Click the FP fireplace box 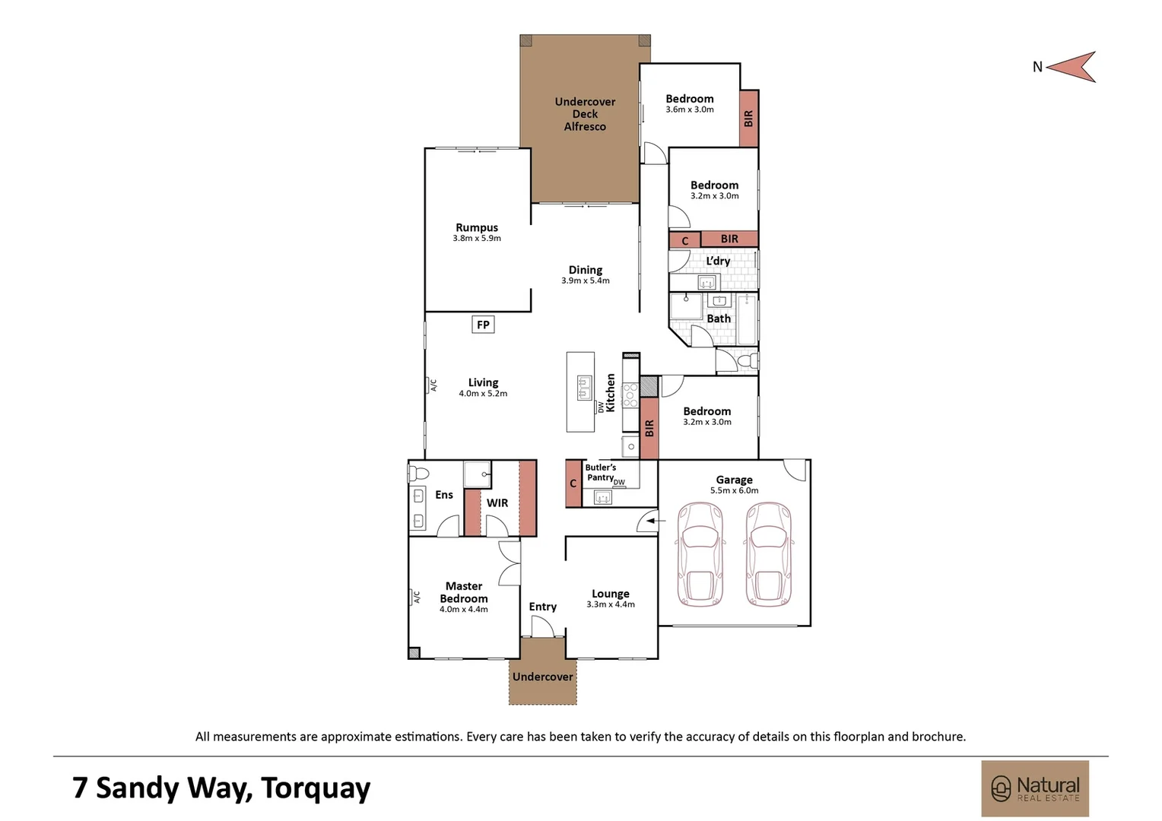[x=483, y=325]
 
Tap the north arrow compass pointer [x=1072, y=67]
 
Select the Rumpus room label [x=477, y=227]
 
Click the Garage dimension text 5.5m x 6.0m [x=734, y=490]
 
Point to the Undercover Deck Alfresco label [x=585, y=114]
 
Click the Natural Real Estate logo [x=1036, y=789]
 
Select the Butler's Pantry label [x=600, y=473]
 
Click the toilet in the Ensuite [x=419, y=473]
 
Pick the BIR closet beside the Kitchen [x=649, y=429]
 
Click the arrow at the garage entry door [x=657, y=520]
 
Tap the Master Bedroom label [x=464, y=592]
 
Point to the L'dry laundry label [x=718, y=261]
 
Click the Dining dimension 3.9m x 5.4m [x=585, y=281]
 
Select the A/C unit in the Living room [x=431, y=385]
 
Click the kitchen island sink [x=585, y=388]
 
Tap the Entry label [x=543, y=607]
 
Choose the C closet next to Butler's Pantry [x=573, y=483]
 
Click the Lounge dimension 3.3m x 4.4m [x=611, y=604]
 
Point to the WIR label [x=497, y=503]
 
